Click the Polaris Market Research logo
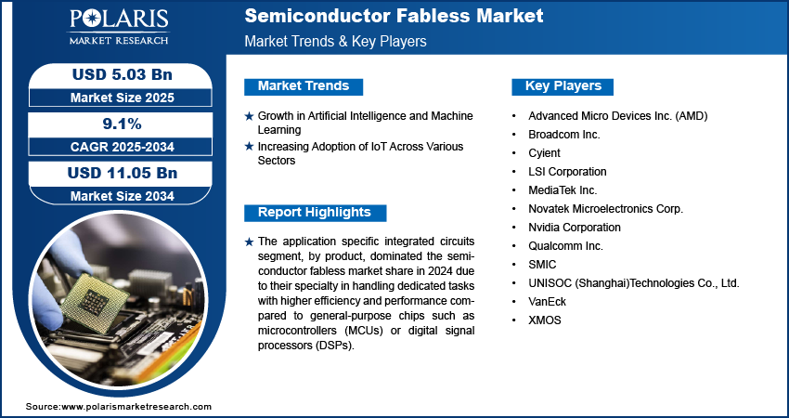click(119, 26)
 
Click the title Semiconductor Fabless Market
click(394, 16)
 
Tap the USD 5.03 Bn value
click(123, 74)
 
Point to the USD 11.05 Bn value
click(123, 173)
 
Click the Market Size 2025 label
click(123, 98)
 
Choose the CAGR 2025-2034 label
click(123, 147)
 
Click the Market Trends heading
click(304, 86)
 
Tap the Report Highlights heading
click(315, 213)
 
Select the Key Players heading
click(563, 86)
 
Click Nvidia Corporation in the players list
click(575, 228)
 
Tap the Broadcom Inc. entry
click(564, 135)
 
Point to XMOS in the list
click(545, 320)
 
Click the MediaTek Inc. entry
click(563, 190)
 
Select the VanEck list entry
click(547, 302)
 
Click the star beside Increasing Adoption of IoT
click(249, 147)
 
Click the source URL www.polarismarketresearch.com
click(136, 407)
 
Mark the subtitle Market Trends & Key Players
click(336, 41)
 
